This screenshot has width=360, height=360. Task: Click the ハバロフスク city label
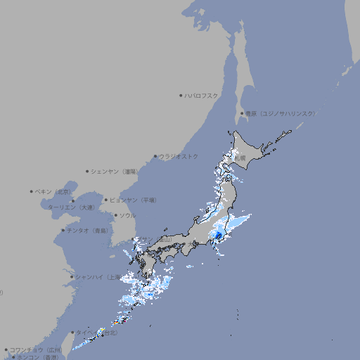pos(202,95)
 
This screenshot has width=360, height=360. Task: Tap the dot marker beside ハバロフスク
pos(181,95)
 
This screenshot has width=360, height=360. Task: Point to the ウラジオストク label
pos(179,156)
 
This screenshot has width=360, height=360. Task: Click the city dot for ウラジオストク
pos(155,156)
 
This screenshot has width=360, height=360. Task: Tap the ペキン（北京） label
pos(54,191)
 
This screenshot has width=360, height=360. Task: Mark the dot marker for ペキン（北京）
pos(32,191)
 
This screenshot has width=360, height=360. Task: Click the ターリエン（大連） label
pos(70,207)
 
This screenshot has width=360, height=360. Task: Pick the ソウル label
pos(127,215)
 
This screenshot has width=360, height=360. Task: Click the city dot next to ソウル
pos(115,215)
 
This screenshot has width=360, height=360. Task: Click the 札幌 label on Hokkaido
pos(240,158)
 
